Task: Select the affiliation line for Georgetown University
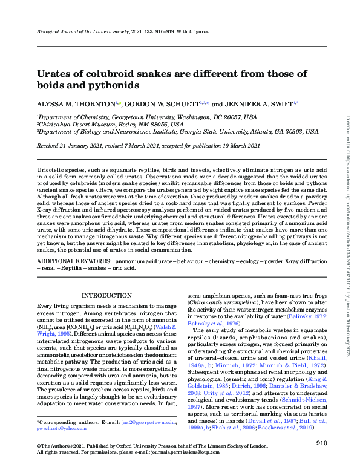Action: point(138,117)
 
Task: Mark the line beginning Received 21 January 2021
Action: point(149,146)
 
